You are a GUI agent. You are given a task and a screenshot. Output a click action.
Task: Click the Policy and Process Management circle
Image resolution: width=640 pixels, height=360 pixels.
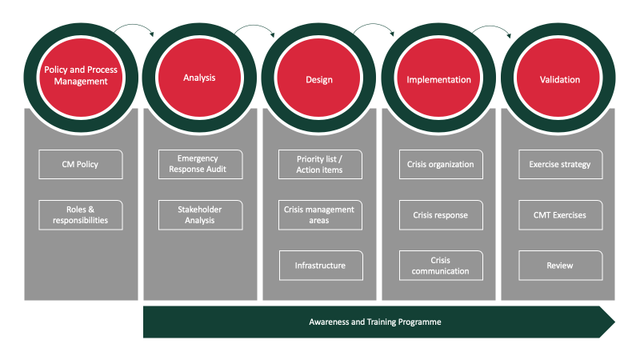(80, 75)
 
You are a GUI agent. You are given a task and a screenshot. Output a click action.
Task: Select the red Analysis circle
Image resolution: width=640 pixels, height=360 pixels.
(199, 78)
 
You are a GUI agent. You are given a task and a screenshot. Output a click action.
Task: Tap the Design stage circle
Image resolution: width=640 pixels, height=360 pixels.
(319, 79)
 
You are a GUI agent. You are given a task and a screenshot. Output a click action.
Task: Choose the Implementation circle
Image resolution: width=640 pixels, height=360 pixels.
(438, 79)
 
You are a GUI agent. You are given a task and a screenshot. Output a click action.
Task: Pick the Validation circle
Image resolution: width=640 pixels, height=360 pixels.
(559, 79)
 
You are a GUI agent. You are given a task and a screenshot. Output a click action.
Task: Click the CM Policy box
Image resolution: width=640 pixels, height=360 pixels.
(80, 164)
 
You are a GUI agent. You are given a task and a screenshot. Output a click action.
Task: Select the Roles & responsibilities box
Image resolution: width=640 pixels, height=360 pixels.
(80, 214)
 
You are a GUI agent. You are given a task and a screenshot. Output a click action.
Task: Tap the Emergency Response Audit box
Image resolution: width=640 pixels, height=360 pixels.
(199, 164)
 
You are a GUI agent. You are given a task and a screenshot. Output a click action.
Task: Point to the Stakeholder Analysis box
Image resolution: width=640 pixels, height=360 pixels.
(199, 214)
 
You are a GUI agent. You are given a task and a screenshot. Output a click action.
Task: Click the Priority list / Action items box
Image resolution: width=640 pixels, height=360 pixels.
(319, 164)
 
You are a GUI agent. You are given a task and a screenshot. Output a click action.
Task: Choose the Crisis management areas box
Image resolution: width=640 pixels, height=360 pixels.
(319, 214)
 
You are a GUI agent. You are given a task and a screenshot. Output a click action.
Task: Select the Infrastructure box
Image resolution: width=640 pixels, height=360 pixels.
(319, 265)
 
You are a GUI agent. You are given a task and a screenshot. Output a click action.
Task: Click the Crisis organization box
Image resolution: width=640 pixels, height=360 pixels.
(441, 164)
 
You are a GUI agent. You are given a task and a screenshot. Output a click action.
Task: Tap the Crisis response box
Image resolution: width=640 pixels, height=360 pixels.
(441, 214)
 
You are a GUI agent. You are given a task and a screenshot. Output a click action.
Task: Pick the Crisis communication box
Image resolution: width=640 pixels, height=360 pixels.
(441, 265)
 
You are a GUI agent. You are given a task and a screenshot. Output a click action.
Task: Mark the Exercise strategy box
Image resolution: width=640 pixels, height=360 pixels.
(560, 164)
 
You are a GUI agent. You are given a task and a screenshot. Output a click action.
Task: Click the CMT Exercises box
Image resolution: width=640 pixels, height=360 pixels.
(560, 214)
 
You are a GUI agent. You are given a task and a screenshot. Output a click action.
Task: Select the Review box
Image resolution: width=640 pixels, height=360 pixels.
(560, 265)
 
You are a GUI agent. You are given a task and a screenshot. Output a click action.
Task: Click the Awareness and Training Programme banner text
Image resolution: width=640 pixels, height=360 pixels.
(375, 322)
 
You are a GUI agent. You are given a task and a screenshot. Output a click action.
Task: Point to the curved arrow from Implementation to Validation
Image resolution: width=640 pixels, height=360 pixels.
(491, 30)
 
